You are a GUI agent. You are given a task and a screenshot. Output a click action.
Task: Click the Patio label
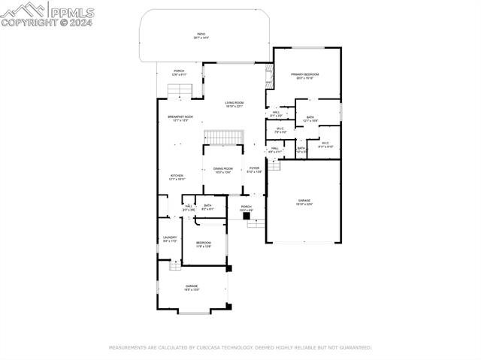201,35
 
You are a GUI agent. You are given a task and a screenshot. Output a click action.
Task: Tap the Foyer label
255,170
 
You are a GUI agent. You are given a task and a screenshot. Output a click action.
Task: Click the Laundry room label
170,239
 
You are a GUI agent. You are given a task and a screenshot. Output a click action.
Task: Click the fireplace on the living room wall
268,75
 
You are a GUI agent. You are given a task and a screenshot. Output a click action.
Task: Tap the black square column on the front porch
246,216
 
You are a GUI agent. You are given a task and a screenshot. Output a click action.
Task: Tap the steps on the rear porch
180,91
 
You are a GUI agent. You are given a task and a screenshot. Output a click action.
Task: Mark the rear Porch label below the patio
179,72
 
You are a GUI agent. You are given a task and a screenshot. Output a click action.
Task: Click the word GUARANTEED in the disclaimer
352,348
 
